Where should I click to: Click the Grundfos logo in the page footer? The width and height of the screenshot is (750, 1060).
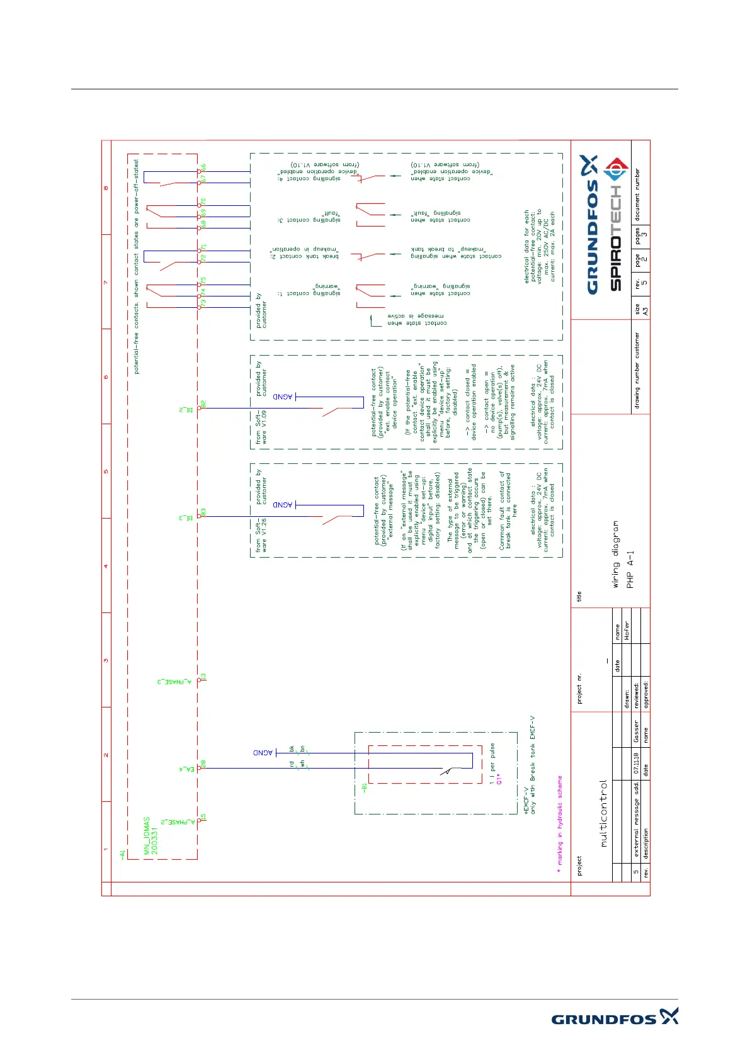click(x=614, y=1017)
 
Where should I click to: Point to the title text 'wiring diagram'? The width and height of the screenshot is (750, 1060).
click(x=616, y=555)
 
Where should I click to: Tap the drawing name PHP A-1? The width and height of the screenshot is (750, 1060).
click(x=630, y=570)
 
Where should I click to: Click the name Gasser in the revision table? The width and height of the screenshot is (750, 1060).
click(x=636, y=731)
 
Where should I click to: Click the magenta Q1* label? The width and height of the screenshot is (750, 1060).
click(x=499, y=779)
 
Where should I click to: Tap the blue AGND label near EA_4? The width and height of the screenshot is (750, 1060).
click(x=263, y=753)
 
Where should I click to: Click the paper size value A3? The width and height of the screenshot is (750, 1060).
click(x=645, y=311)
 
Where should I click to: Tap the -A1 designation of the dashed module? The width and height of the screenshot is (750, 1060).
click(x=123, y=854)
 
